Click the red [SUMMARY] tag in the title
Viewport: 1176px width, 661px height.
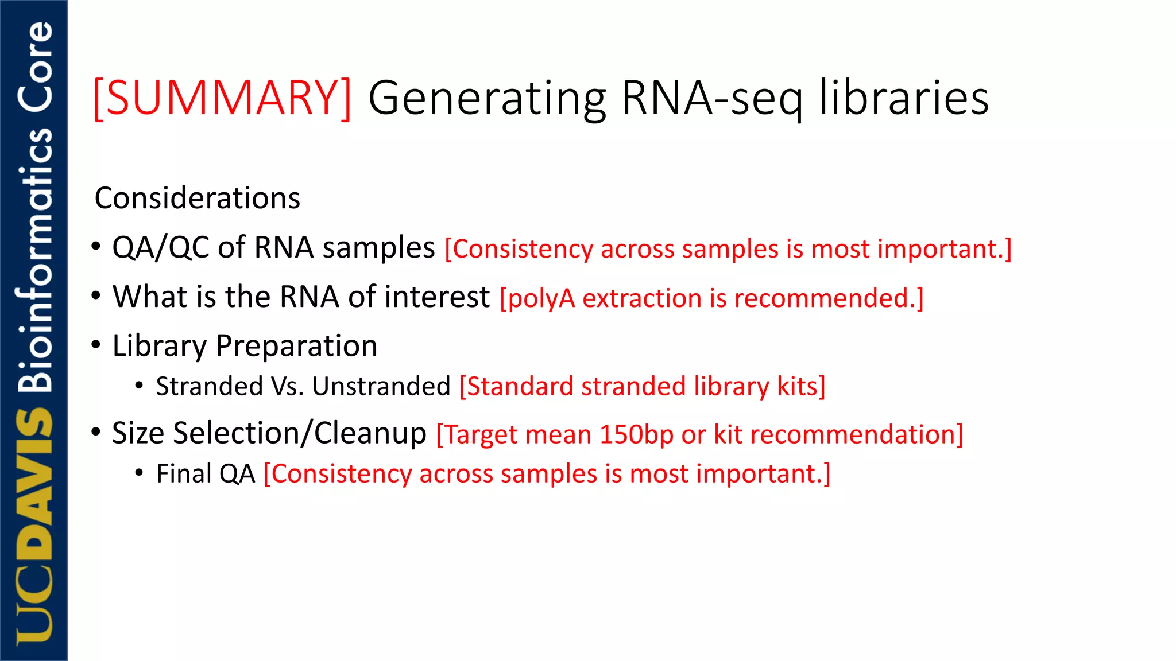222,99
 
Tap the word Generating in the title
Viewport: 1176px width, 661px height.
487,99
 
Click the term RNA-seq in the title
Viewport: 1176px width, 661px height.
712,99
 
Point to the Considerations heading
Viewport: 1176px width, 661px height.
197,199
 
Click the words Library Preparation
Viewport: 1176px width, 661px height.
245,347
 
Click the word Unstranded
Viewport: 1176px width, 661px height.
381,387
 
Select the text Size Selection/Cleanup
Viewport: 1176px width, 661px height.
269,434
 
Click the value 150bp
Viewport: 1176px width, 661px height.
636,435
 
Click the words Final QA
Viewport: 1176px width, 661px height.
206,475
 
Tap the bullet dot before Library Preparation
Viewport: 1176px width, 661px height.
96,345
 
